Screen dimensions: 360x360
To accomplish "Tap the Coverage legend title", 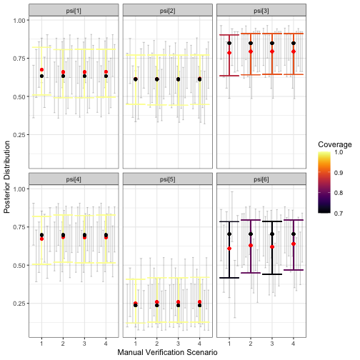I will point(334,144).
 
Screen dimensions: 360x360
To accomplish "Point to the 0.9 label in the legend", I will point(341,172).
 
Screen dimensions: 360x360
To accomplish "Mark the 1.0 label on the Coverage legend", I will point(341,152).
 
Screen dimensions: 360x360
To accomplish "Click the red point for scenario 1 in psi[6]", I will point(229,249).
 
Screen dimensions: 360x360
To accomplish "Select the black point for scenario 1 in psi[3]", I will point(229,43).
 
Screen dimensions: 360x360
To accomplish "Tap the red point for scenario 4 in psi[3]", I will point(294,52).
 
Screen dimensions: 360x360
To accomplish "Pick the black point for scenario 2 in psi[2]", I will point(157,79).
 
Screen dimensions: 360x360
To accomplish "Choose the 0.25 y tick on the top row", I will point(21,135).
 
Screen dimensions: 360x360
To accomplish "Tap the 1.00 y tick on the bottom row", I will point(21,189).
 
